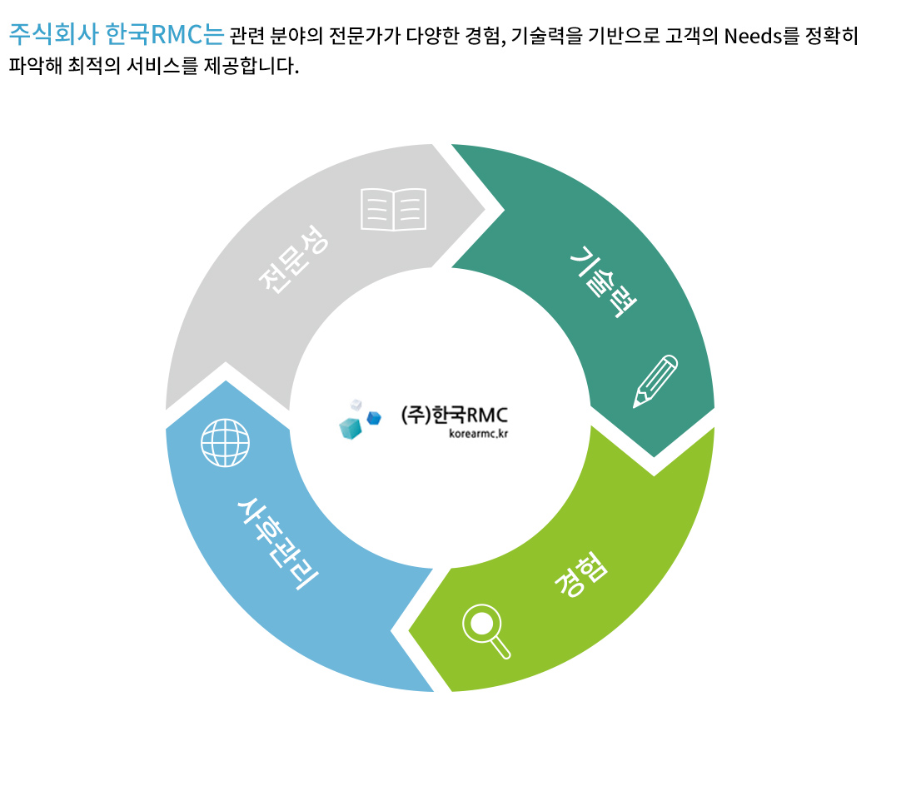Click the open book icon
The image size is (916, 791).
point(393,209)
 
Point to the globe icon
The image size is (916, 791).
point(225,443)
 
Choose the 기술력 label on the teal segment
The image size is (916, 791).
point(603,281)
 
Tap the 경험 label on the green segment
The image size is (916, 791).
point(581,575)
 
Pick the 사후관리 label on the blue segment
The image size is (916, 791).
point(277,544)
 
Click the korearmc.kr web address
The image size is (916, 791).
point(479,434)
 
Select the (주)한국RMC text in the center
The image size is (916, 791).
point(454,415)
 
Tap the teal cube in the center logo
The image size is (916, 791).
point(351,428)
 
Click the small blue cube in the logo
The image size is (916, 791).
point(374,418)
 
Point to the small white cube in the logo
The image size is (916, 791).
point(356,405)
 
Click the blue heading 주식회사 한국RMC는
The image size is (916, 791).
point(117,34)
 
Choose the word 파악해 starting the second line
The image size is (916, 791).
point(36,66)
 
